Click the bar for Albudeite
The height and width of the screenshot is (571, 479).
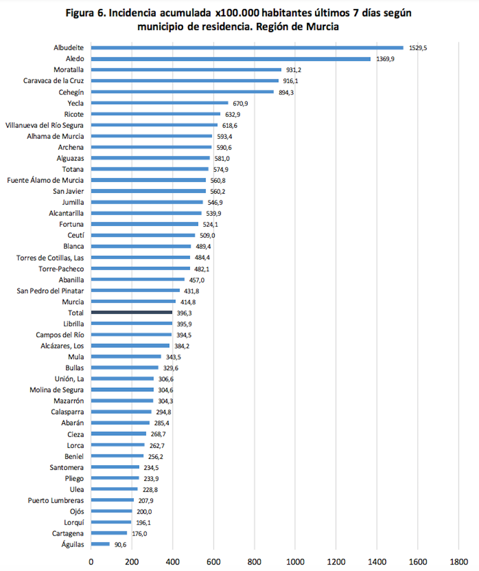click(247, 47)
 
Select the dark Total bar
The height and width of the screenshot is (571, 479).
click(131, 312)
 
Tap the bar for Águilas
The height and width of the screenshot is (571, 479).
click(100, 544)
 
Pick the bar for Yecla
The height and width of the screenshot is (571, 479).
click(160, 103)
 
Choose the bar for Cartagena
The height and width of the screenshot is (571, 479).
click(109, 533)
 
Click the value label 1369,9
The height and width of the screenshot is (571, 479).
click(385, 58)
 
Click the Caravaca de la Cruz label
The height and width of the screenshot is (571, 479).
click(54, 81)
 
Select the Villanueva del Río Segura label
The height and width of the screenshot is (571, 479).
click(45, 125)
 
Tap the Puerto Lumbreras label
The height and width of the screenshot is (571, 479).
click(57, 500)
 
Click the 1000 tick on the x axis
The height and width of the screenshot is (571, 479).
click(295, 560)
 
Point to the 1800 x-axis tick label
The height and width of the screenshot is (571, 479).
click(458, 560)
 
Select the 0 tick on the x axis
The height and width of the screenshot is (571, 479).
click(91, 560)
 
